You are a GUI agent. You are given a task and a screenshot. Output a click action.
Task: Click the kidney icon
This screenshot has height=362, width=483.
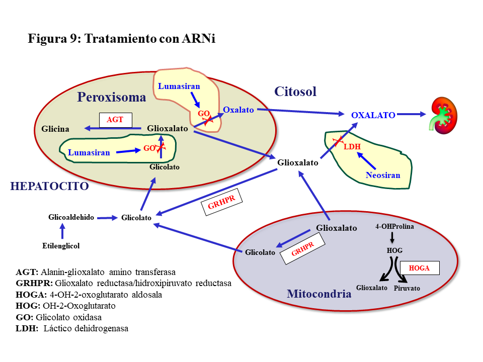[443, 116]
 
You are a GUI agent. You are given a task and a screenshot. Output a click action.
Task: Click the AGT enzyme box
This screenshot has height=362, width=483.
[116, 120]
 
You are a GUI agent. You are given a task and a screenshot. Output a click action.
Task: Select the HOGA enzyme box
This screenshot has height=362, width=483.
[420, 268]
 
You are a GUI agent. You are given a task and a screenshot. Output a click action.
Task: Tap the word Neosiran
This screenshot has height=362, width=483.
[383, 175]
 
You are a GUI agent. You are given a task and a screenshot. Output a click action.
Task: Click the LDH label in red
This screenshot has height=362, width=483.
[352, 146]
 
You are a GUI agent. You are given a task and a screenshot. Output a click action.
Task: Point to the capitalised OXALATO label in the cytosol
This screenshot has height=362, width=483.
[373, 115]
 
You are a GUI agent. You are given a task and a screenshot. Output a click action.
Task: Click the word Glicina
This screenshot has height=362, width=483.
[55, 129]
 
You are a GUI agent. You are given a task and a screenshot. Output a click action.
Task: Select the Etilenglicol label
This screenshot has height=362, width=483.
[61, 246]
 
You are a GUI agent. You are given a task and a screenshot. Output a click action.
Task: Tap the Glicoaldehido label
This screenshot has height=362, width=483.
[71, 217]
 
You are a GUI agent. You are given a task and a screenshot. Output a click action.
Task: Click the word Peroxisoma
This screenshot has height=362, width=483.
[112, 97]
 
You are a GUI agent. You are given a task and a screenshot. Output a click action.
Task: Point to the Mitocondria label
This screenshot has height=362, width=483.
[319, 294]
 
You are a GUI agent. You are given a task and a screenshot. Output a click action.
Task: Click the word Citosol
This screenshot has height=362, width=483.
[295, 92]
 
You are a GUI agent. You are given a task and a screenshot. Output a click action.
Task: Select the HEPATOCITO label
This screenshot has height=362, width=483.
[50, 186]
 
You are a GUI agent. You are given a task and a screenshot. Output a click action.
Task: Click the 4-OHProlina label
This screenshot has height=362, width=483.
[394, 226]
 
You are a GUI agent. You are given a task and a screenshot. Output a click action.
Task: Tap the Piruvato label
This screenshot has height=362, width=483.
[407, 288]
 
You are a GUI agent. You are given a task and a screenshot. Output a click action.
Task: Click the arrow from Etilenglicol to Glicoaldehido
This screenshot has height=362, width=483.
[62, 231]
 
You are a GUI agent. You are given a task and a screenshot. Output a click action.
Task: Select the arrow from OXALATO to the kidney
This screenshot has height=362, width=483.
[412, 114]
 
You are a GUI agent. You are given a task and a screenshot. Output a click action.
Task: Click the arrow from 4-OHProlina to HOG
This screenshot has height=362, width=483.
[392, 238]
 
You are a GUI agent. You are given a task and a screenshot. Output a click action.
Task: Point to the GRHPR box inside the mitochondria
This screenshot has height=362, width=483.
[303, 248]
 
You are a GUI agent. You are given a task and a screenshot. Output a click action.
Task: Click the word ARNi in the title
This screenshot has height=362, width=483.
[199, 39]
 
